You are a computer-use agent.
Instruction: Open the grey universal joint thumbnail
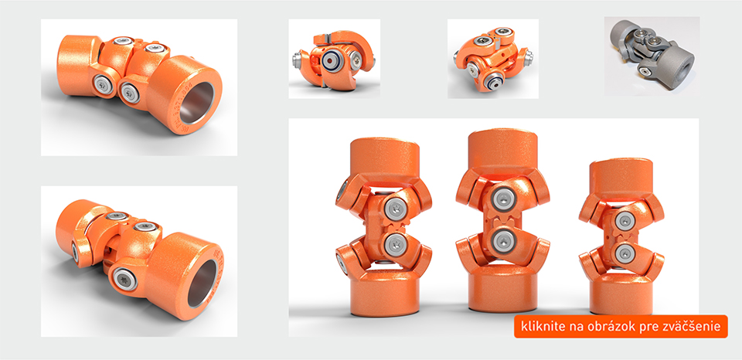click(651, 56)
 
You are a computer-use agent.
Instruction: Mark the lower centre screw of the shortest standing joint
click(622, 251)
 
